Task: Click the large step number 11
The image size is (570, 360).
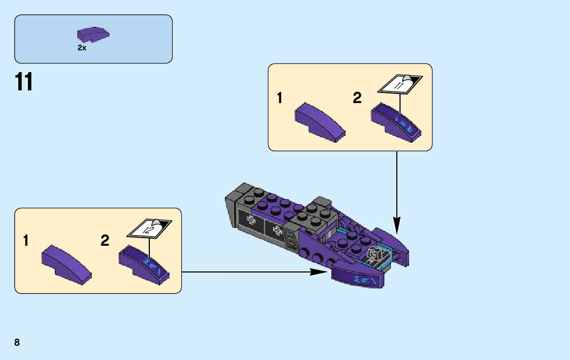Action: click(x=24, y=82)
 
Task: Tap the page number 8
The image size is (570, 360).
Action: click(x=17, y=342)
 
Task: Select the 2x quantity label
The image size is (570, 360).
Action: click(x=82, y=47)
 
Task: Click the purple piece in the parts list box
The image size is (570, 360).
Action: click(x=93, y=35)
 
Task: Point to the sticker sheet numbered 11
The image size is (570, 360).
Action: click(x=400, y=83)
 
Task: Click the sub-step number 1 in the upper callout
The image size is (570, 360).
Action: click(x=280, y=97)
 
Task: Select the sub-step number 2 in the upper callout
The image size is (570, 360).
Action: click(x=357, y=97)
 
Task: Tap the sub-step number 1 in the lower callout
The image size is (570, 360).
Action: click(x=26, y=241)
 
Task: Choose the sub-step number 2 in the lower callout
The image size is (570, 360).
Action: click(x=105, y=241)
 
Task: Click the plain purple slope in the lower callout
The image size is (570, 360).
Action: click(x=67, y=264)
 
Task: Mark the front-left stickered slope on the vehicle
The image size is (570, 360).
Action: click(x=358, y=278)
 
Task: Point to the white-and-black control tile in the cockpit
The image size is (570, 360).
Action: click(x=375, y=255)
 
